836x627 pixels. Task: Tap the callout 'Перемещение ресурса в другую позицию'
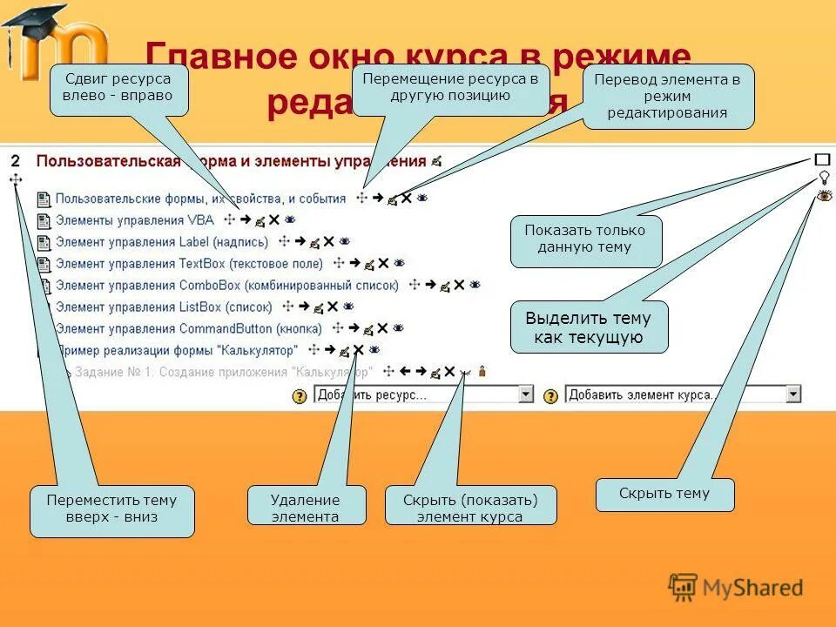point(450,87)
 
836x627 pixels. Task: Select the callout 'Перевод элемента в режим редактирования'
point(668,96)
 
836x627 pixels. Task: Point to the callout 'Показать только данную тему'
point(585,239)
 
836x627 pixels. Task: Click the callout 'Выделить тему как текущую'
point(589,327)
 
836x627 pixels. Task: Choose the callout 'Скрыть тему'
point(664,494)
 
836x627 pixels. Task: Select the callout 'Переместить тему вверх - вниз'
point(111,509)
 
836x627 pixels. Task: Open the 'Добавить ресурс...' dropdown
point(423,395)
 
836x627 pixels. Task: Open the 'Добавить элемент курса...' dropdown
point(683,394)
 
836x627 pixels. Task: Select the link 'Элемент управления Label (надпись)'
point(162,241)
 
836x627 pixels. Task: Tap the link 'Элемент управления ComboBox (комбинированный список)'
point(226,285)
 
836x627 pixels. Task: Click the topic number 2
point(15,160)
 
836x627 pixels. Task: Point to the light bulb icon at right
point(824,178)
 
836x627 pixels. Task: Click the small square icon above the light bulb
point(823,160)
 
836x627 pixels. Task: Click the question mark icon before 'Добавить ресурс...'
point(300,396)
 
